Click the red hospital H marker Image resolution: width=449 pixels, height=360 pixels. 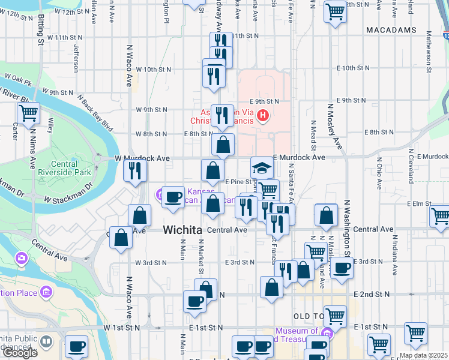pos(262,115)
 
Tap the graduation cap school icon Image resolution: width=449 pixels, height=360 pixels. pos(261,167)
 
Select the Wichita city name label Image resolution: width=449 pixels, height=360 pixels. pos(182,229)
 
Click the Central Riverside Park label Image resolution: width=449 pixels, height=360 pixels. pos(71,167)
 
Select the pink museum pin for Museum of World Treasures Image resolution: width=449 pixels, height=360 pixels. pos(327,333)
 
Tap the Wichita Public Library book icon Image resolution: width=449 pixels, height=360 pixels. pos(46,341)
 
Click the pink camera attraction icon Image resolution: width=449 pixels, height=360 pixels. pos(22,258)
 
